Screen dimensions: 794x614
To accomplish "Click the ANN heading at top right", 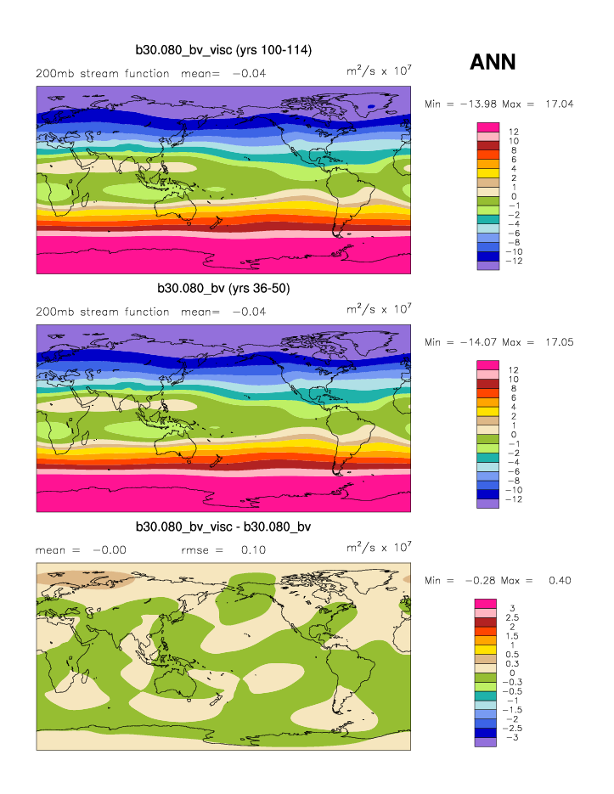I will coord(493,62).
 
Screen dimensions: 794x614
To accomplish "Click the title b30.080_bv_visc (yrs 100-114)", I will coord(223,51).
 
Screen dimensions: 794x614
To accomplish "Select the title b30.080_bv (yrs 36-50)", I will coord(223,289).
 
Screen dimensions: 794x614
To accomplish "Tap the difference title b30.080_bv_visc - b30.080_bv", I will coord(223,527).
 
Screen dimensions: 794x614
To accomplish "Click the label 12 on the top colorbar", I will coord(514,132).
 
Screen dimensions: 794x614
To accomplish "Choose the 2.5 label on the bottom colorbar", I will coord(515,617).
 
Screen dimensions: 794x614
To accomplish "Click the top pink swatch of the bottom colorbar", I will coord(487,604).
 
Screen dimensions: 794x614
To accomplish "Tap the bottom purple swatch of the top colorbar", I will coord(487,266).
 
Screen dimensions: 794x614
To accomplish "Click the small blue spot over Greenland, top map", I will coord(371,106).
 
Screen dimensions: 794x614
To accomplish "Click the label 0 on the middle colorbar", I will coord(511,434).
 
